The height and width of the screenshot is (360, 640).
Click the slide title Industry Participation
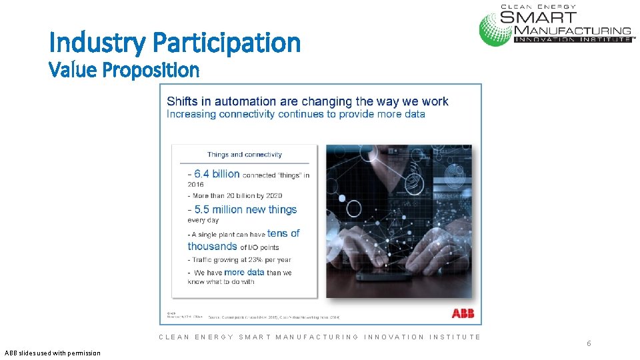coord(175,43)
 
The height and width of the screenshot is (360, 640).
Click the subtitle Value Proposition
coord(124,69)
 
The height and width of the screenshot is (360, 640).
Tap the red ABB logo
coord(463,313)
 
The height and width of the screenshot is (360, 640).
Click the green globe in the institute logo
coord(496,29)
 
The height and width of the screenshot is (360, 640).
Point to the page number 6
coord(589,343)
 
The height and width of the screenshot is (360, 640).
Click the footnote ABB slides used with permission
coord(52,353)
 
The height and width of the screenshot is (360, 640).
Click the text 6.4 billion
coord(217,174)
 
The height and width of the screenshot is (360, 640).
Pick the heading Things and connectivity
coord(244,155)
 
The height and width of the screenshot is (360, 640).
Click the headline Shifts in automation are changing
coord(307,101)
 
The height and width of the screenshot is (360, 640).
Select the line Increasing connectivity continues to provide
coord(295,114)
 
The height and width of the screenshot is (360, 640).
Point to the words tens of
coord(283,233)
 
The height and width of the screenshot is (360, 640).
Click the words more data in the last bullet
coord(244,272)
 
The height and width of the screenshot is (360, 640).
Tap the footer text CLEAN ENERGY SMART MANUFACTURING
coord(319,337)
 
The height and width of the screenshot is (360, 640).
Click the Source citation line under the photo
coord(274,317)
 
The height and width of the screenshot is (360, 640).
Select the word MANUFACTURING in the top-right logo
coord(572,30)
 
